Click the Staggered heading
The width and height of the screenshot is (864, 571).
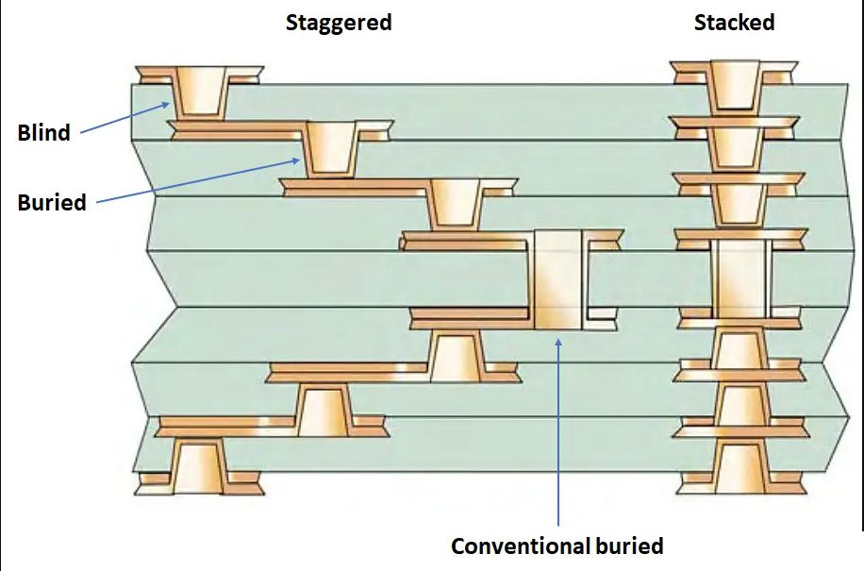coord(339,23)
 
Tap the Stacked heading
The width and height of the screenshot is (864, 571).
coord(734,23)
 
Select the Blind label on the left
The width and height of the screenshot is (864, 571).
coord(44,133)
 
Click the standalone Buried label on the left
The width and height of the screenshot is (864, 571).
coord(52,202)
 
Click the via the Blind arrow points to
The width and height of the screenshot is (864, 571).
coord(199,92)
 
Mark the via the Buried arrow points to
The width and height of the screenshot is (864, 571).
coord(328,147)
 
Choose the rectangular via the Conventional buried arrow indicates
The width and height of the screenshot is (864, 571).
coord(559,279)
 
